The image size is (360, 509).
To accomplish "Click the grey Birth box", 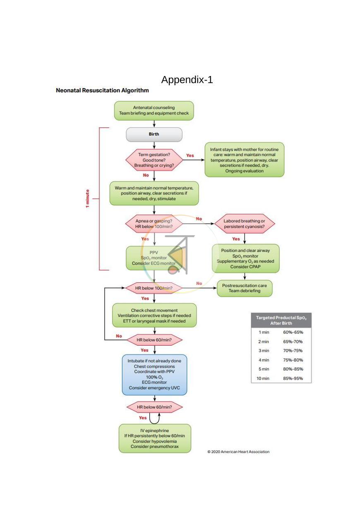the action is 154,134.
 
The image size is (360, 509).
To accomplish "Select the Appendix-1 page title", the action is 187,80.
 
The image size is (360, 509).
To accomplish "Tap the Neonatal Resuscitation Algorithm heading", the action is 102,91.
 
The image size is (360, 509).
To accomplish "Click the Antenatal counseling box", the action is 154,111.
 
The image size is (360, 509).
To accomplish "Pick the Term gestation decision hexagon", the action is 154,160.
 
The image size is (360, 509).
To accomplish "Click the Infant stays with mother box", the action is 244,160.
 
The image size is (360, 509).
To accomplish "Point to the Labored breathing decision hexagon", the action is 244,224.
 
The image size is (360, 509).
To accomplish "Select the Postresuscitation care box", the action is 245,288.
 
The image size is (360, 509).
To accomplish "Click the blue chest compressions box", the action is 154,375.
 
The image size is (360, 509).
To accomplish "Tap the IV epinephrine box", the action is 155,438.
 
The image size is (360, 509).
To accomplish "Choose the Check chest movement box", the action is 154,315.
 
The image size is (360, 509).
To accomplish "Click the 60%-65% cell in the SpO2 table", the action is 293,332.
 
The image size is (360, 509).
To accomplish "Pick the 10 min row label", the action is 263,378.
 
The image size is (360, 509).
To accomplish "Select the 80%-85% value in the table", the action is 293,369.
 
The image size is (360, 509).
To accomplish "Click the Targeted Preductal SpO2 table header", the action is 281,320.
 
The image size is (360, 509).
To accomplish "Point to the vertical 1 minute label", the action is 88,198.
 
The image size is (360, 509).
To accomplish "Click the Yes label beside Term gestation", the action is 190,155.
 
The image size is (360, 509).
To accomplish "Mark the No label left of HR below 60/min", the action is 119,336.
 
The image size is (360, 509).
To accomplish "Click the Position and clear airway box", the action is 246,258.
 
